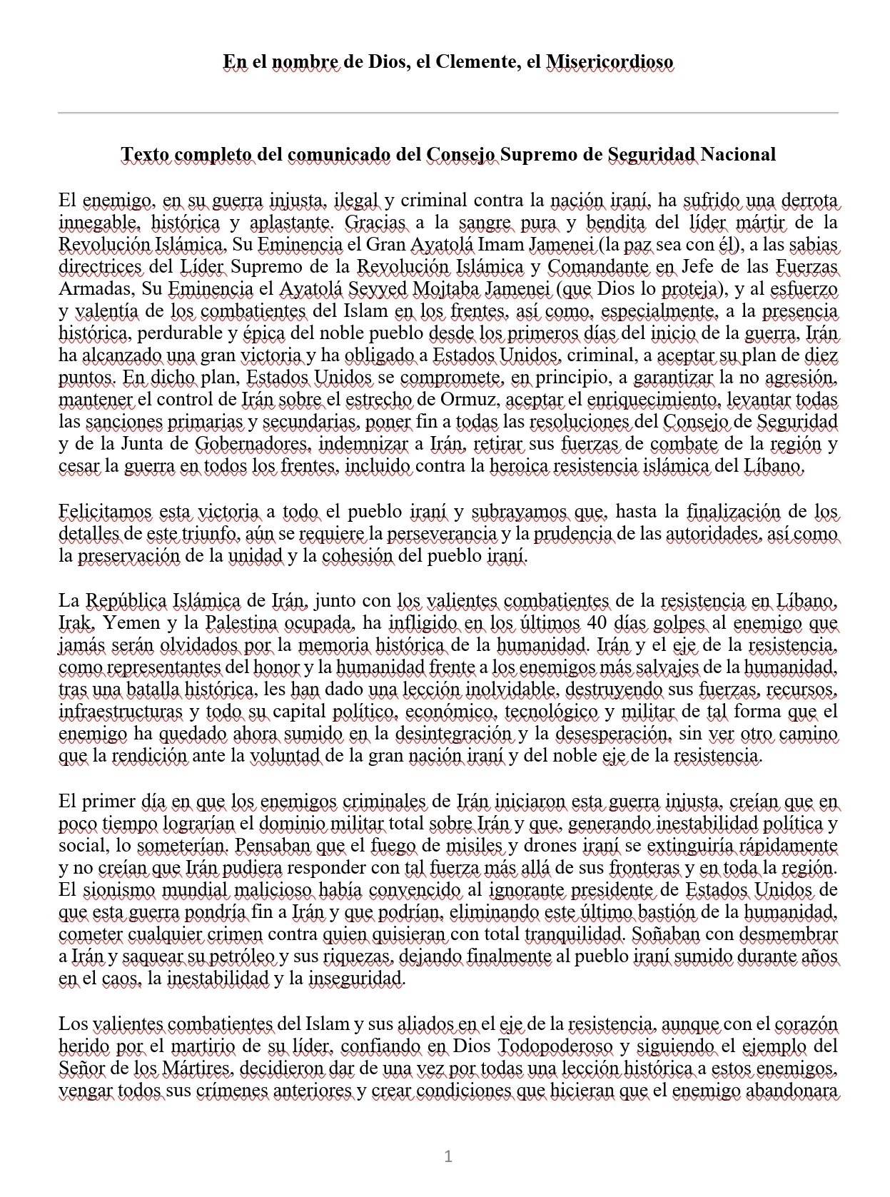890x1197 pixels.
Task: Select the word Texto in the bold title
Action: pos(146,154)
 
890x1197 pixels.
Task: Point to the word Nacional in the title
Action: pos(739,154)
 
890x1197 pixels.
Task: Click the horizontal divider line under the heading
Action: pos(447,113)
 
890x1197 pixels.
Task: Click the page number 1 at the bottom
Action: pos(447,1156)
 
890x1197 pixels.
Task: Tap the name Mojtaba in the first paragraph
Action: pos(440,289)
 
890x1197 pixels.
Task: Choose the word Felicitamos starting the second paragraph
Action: pos(105,511)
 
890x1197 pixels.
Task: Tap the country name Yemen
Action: pos(131,622)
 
